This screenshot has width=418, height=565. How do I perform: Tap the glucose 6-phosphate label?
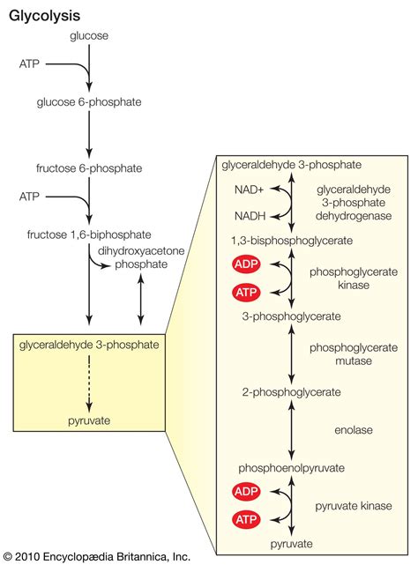(x=89, y=101)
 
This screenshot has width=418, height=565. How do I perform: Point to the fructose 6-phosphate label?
(x=89, y=167)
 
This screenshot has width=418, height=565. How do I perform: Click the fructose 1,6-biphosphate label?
(x=89, y=234)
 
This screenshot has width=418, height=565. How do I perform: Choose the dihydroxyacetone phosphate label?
(x=138, y=256)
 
